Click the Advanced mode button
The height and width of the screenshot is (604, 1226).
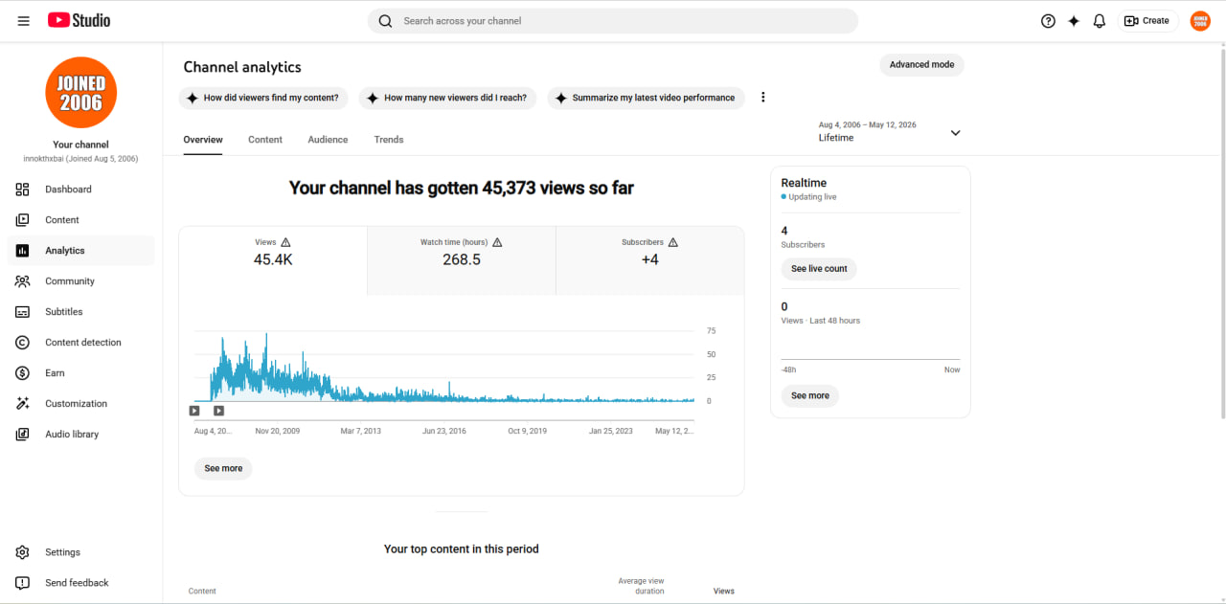[921, 64]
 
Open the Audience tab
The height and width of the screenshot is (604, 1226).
[328, 140]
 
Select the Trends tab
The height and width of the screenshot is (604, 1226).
[389, 140]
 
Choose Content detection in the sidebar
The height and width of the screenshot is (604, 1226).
[81, 343]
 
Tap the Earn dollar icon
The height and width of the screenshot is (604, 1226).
[22, 373]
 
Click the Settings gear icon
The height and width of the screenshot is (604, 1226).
[22, 552]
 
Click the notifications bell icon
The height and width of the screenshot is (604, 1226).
[1099, 21]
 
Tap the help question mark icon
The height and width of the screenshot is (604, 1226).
[1048, 21]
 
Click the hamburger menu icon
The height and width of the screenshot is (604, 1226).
[24, 21]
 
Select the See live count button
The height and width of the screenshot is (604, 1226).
[819, 269]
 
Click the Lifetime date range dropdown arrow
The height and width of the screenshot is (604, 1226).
[955, 133]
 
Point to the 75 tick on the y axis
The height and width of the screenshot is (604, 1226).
[711, 331]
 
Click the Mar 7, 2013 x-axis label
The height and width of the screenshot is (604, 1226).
[361, 431]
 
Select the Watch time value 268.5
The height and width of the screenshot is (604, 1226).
[462, 259]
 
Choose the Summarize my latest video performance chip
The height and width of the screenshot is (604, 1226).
[646, 98]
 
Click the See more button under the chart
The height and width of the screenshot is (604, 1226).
[223, 468]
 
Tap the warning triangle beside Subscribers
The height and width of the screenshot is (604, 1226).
[673, 242]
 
